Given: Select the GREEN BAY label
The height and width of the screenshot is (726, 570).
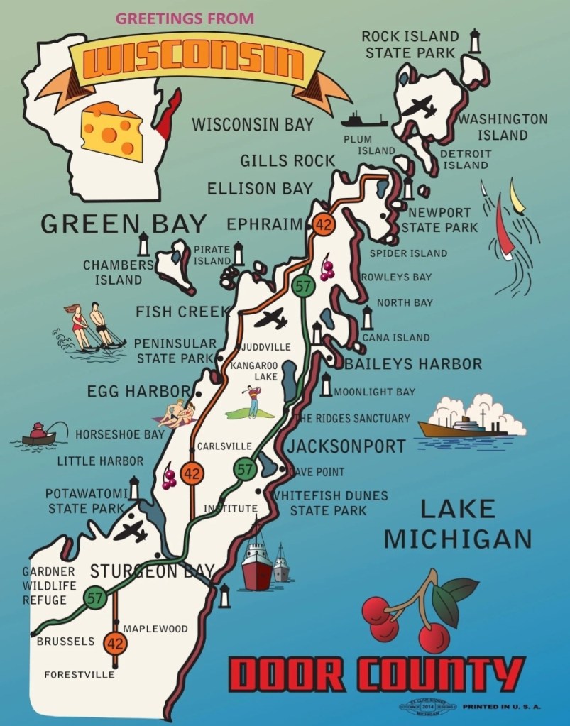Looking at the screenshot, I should [123, 223].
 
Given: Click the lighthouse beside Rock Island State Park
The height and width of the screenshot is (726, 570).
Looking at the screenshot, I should [475, 40].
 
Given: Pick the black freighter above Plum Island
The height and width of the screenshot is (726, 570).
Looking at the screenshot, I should [363, 119].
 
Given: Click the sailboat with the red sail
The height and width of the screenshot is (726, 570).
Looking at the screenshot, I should [503, 227].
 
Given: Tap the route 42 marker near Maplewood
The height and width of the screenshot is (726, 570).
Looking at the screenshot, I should [115, 644].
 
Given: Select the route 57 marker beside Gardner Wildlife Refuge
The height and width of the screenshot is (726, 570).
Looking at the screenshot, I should [95, 598].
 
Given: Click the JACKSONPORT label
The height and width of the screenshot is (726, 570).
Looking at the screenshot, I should [346, 446].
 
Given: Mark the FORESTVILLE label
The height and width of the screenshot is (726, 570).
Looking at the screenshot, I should [79, 674].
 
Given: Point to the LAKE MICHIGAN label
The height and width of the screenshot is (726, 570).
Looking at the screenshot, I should [457, 523].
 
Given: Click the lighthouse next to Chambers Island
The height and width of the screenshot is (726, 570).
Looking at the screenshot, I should [143, 244].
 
